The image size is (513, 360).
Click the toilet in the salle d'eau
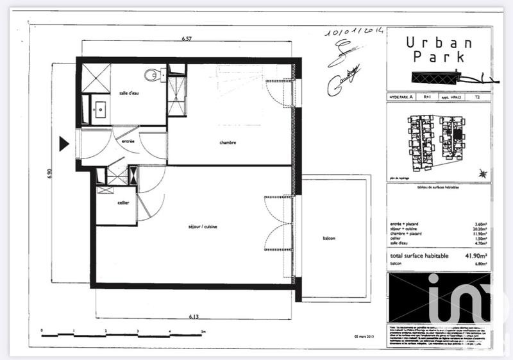[x=151, y=75]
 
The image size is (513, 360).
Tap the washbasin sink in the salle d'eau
[x=100, y=109]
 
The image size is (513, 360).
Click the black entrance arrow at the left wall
[x=63, y=144]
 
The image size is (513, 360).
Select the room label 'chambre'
[x=228, y=142]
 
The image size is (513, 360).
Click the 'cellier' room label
[x=123, y=203]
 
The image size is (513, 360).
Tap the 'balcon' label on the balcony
[x=329, y=239]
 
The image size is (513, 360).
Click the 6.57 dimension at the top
[x=187, y=39]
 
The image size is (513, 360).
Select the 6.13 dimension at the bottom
[x=193, y=316]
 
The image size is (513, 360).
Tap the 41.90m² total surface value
[x=475, y=255]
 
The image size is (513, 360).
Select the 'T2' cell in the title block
[x=476, y=97]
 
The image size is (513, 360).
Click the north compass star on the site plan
[x=483, y=173]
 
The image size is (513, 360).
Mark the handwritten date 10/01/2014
[x=353, y=31]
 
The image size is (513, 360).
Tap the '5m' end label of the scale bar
[x=202, y=332]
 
